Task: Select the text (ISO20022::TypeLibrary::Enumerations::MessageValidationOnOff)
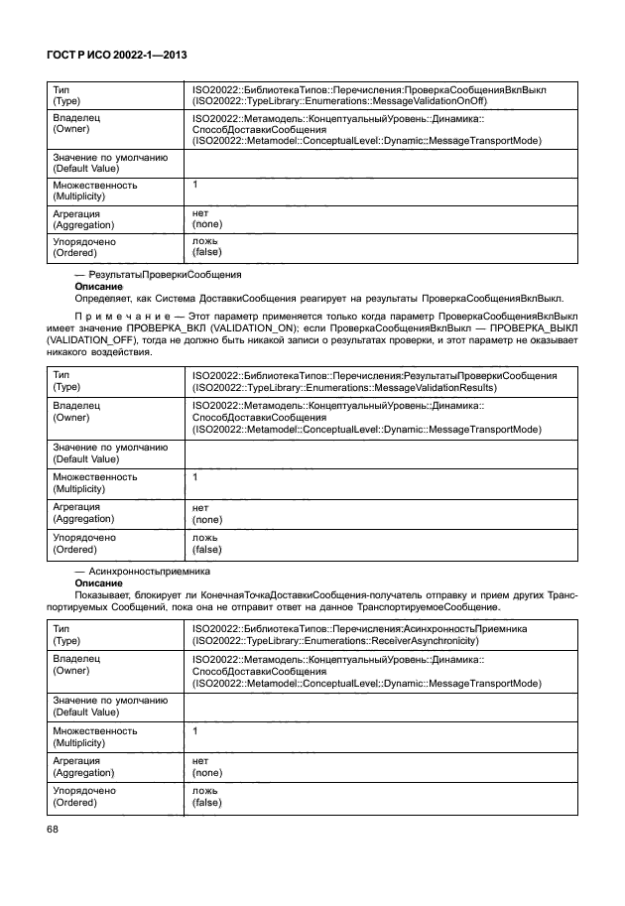(368, 100)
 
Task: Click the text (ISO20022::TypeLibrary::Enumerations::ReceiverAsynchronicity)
(356, 641)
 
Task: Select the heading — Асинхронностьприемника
(145, 572)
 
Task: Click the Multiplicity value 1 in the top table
(195, 185)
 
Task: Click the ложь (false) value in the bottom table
(206, 796)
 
